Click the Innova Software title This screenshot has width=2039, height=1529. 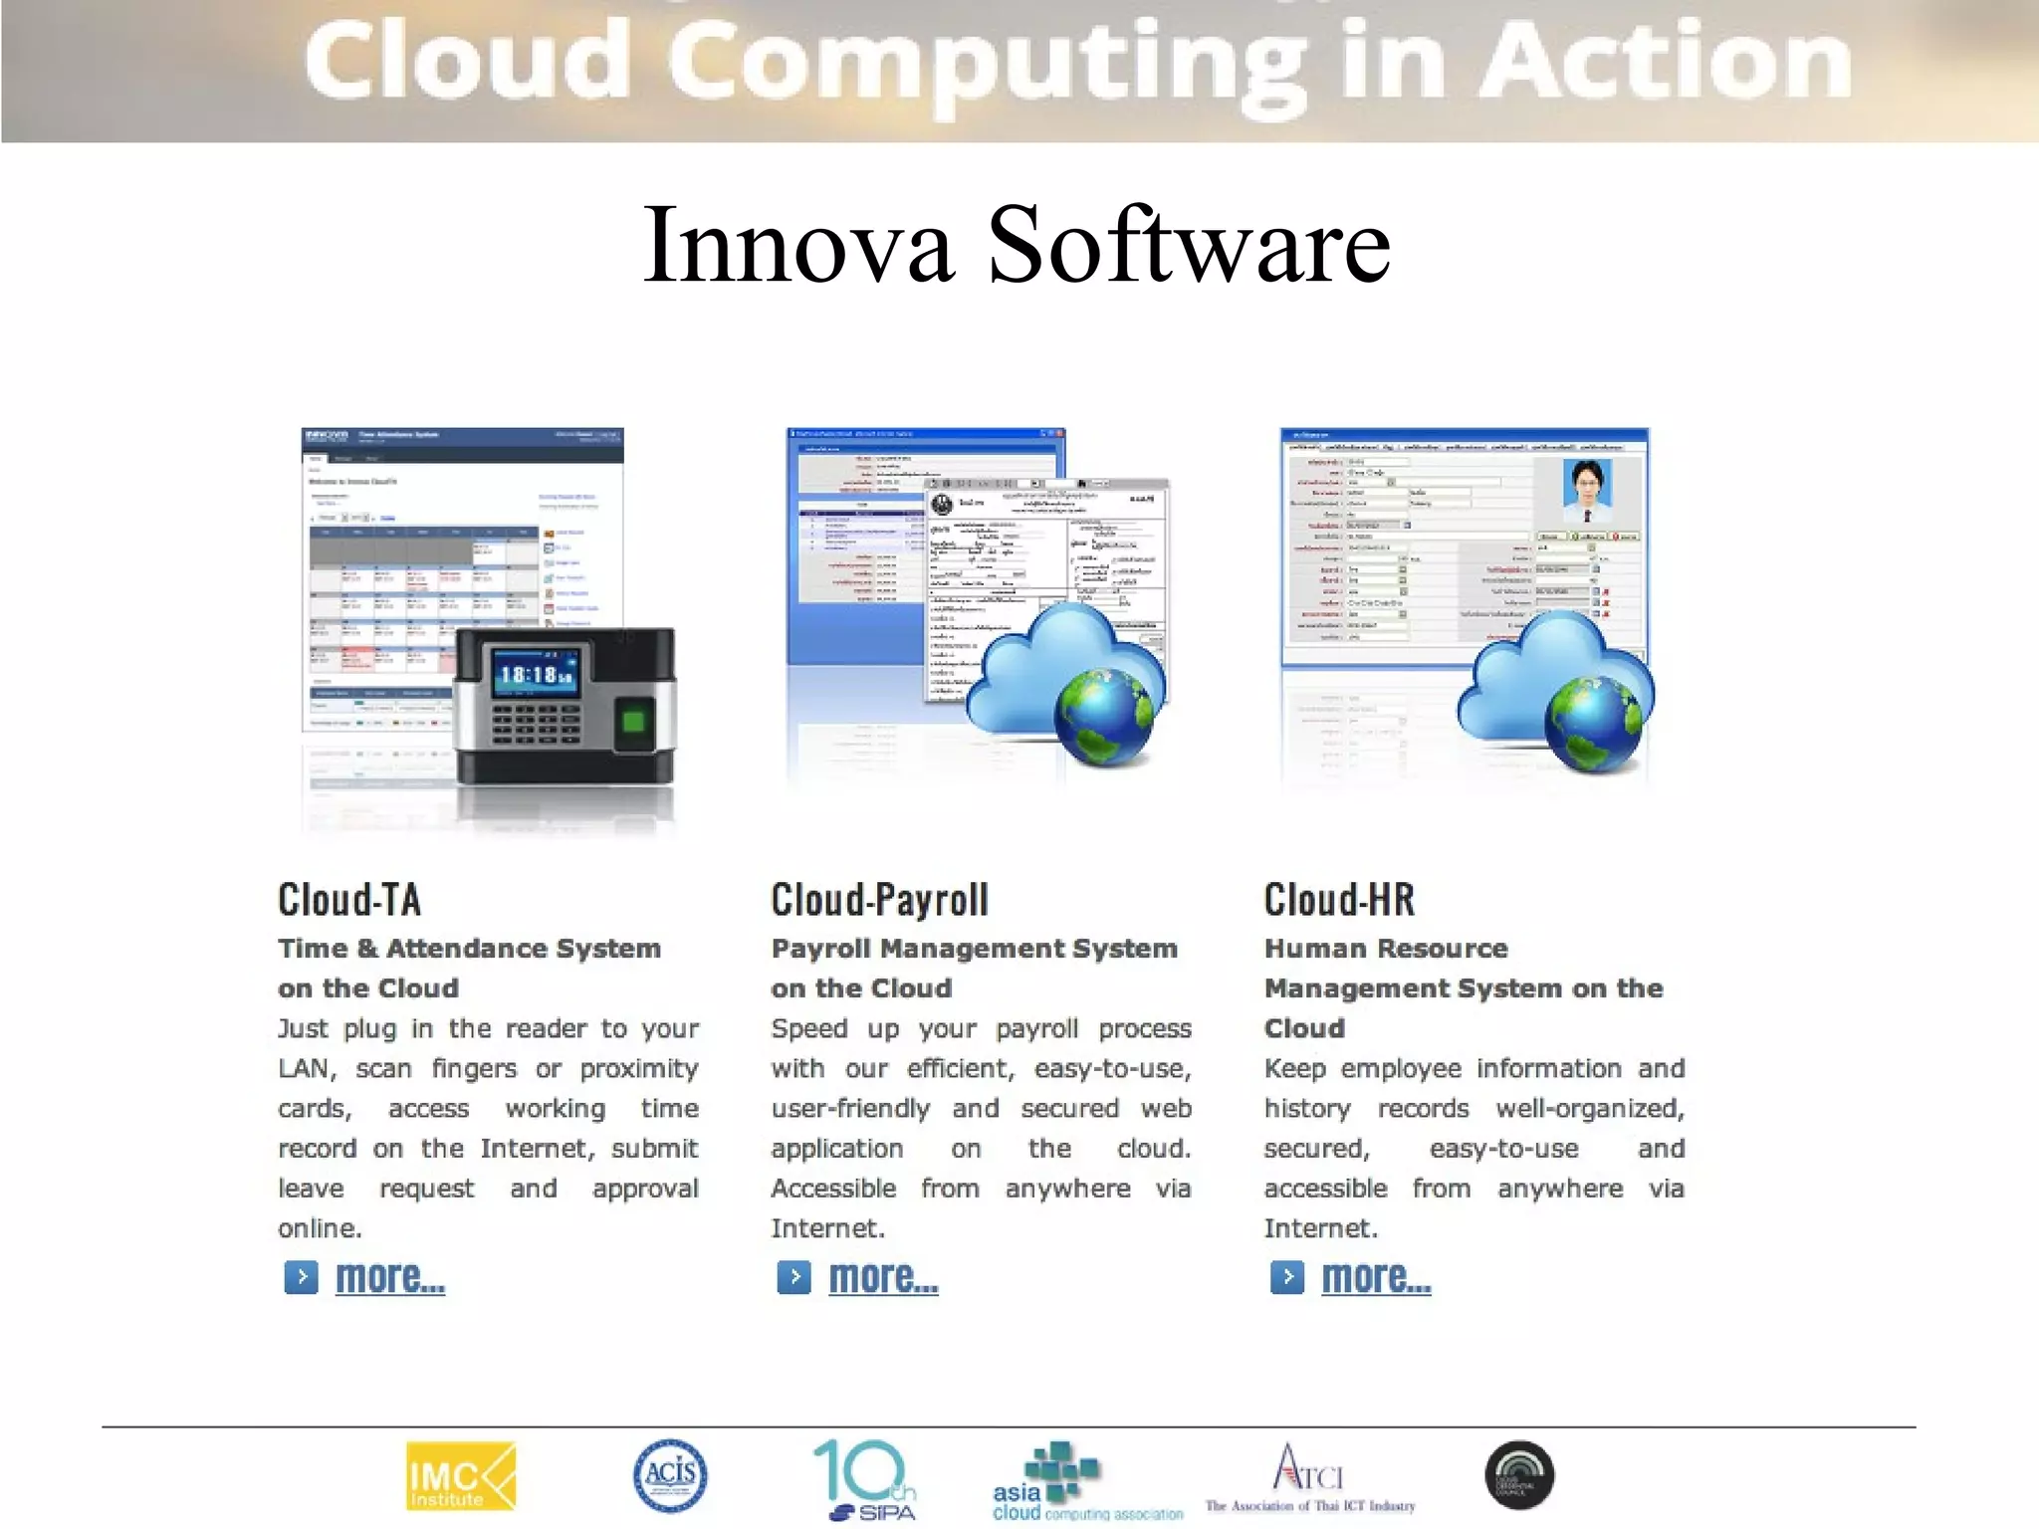coord(1017,245)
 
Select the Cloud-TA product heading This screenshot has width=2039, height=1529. coord(349,900)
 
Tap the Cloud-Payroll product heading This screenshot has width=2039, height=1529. coord(879,900)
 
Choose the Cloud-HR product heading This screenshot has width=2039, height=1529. coord(1339,900)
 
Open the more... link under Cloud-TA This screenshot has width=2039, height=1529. coord(389,1277)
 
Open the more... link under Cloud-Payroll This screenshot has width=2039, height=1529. coord(883,1277)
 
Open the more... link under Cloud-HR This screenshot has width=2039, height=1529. coord(1376,1277)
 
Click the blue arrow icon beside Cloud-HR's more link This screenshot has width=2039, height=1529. coord(1286,1277)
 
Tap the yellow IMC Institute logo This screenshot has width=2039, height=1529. coord(461,1476)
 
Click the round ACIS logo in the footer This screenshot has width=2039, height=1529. coord(670,1475)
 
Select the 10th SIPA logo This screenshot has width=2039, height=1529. coord(865,1480)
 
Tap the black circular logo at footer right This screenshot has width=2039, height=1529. coord(1519,1475)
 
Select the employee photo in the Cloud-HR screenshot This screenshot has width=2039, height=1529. coord(1587,491)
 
